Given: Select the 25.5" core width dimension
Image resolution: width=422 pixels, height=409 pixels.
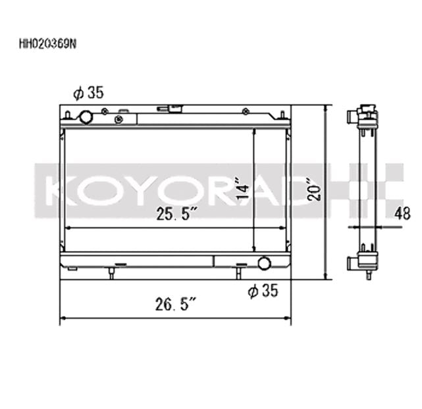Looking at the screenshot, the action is (176, 214).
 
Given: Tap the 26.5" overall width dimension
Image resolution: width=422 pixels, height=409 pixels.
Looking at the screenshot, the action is (176, 304).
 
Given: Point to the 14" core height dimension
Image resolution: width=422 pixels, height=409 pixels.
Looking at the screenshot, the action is (243, 188).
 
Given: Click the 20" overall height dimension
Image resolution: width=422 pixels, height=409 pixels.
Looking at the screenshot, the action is (314, 189).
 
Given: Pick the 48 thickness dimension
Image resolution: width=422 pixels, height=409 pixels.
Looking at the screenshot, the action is (402, 213).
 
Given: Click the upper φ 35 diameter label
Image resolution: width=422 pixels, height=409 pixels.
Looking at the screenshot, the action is (88, 93).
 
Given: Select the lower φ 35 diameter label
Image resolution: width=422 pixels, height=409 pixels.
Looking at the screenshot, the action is (263, 291).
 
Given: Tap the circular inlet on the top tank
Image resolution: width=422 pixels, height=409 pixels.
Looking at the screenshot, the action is (86, 117).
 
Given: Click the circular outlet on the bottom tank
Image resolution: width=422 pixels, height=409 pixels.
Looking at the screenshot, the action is (264, 263).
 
